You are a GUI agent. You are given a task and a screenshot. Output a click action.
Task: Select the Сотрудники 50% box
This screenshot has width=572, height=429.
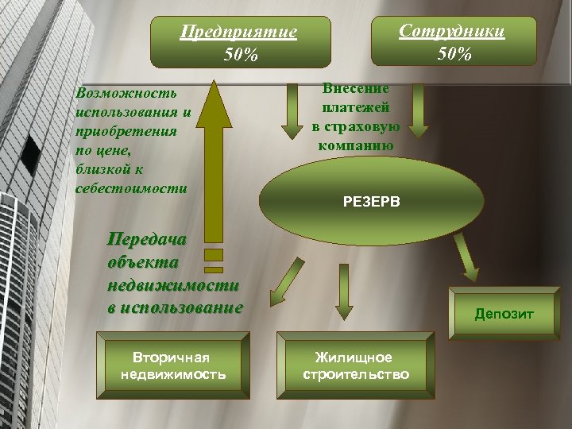click(x=452, y=43)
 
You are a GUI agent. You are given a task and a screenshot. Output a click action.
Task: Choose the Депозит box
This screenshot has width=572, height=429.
click(x=504, y=314)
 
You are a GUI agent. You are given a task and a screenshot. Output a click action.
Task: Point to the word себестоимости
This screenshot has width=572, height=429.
click(x=131, y=188)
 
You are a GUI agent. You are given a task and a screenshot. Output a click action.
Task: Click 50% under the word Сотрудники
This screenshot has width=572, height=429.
click(x=454, y=55)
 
